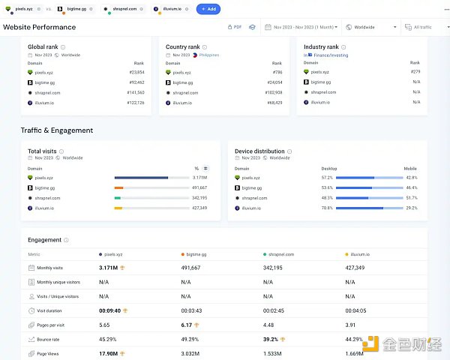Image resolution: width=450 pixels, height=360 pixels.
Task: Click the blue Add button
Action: point(208,9)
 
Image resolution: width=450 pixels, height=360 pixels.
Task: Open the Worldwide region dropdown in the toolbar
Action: point(364,27)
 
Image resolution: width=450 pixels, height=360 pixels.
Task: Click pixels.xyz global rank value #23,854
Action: point(136,72)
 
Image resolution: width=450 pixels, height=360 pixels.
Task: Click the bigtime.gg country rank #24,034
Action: point(274,82)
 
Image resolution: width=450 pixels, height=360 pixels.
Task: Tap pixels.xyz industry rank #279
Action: point(415,72)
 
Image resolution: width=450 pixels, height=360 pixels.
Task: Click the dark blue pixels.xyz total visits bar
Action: point(141,178)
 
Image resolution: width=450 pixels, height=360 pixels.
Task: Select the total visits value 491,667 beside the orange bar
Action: point(199,187)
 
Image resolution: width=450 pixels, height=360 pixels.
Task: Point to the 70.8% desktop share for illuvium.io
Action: point(327,208)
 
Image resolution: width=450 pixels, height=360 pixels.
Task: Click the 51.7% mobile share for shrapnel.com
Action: point(411,198)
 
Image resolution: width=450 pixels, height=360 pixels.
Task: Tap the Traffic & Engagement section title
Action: point(57,130)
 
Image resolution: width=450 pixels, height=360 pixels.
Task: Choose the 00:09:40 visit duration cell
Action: point(110,310)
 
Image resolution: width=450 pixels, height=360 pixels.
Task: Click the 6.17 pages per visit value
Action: point(187,325)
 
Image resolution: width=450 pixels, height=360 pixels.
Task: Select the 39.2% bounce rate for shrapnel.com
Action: point(271,339)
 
